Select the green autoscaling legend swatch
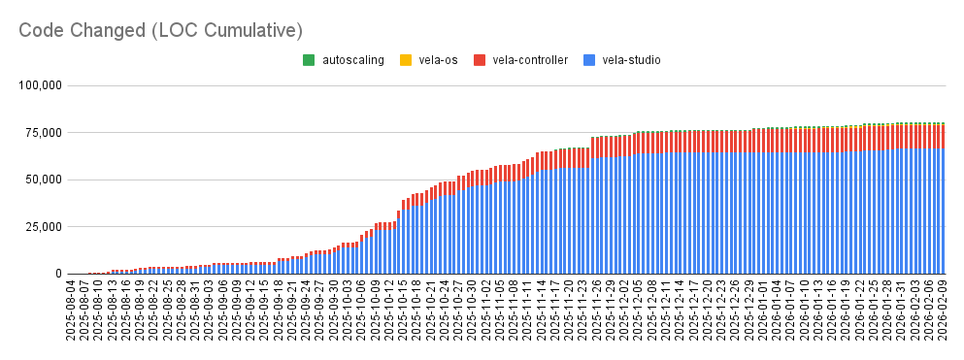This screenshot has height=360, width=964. pos(309,60)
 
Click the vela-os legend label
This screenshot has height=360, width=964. pos(438,60)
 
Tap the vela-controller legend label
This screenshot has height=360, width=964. pos(530,60)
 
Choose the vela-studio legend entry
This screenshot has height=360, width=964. pos(631,60)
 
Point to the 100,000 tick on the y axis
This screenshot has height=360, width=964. pos(41,85)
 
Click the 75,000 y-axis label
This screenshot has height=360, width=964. pos(44,133)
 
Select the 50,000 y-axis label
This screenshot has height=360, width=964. pos(44,180)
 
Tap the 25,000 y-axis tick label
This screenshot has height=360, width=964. pos(44,227)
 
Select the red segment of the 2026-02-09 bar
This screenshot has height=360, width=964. pos(942,137)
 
